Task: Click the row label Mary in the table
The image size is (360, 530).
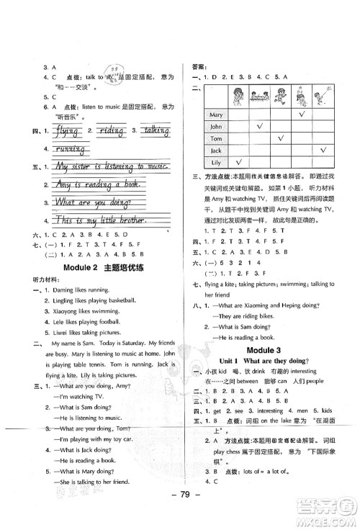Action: tap(215, 114)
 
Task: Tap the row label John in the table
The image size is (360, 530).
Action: tap(215, 126)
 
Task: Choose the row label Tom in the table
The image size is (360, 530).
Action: tap(215, 138)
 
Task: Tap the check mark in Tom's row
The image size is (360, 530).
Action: tap(280, 138)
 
